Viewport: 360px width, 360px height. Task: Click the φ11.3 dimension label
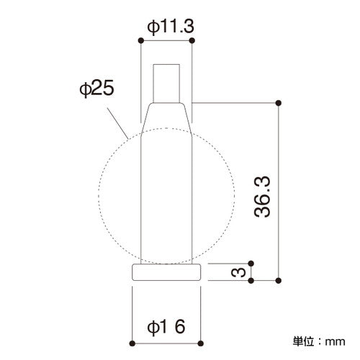point(171,27)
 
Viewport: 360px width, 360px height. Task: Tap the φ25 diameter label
point(96,89)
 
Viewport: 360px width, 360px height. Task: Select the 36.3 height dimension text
point(262,197)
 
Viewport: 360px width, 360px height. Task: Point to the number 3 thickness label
point(238,272)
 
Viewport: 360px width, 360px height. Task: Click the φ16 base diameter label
point(166,327)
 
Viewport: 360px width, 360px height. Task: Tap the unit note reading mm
point(336,341)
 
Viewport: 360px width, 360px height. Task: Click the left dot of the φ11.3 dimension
point(141,40)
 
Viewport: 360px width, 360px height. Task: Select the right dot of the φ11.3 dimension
point(192,40)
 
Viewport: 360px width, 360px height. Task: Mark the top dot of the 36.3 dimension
point(279,103)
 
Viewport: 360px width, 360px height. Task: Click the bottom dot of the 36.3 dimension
point(279,280)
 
